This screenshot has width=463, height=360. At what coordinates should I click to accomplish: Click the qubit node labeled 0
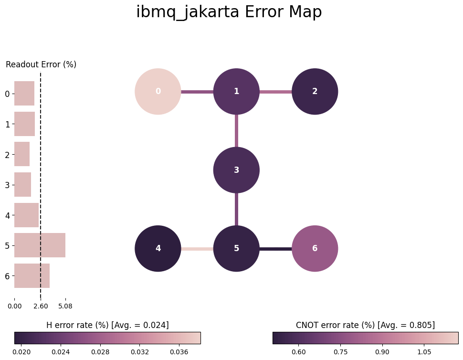(x=158, y=92)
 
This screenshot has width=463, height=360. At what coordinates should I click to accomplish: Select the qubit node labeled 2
(x=315, y=92)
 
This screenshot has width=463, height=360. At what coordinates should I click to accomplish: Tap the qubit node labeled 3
(x=237, y=170)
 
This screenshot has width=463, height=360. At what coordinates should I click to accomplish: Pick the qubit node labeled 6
(x=315, y=248)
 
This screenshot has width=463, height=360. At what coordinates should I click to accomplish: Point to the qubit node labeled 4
(x=158, y=248)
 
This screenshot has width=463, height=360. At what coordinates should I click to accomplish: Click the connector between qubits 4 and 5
(x=197, y=249)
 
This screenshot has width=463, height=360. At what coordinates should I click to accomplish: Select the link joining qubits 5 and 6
(x=276, y=249)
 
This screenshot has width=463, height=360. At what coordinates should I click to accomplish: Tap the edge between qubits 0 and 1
(x=197, y=92)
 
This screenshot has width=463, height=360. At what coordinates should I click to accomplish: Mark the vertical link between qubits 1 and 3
(x=237, y=131)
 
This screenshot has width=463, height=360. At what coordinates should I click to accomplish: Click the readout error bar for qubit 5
(x=40, y=245)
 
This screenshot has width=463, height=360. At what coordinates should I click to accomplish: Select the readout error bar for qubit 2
(x=22, y=154)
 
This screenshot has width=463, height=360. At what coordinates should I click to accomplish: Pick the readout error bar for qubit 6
(x=32, y=275)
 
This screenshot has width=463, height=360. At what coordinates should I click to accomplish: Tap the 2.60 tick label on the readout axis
(x=41, y=306)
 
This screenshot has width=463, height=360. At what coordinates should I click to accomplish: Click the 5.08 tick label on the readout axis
(x=65, y=306)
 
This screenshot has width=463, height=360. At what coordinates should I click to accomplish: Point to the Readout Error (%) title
(x=41, y=64)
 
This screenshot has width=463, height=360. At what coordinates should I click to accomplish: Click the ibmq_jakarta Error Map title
(x=229, y=12)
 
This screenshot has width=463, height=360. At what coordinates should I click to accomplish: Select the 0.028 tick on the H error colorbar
(x=100, y=352)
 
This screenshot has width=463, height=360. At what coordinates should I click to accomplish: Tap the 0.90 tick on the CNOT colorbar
(x=382, y=352)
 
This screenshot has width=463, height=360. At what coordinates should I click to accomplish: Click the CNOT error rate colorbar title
(x=365, y=325)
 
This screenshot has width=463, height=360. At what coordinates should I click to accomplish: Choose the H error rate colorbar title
(x=107, y=325)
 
